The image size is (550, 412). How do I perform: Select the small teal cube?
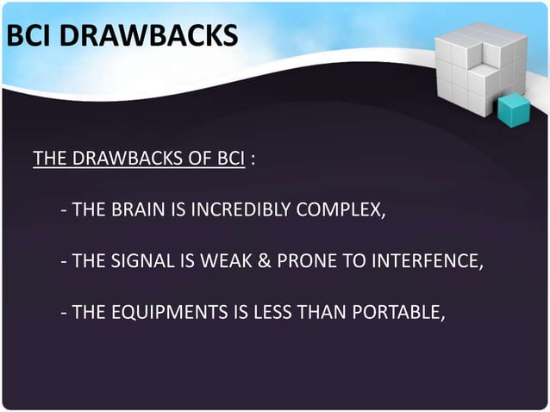click(514, 109)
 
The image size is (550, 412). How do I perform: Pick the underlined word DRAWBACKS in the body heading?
click(128, 159)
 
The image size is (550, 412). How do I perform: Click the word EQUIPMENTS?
click(160, 311)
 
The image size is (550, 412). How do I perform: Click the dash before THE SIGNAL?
click(65, 259)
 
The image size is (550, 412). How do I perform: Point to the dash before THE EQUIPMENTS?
click(65, 311)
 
